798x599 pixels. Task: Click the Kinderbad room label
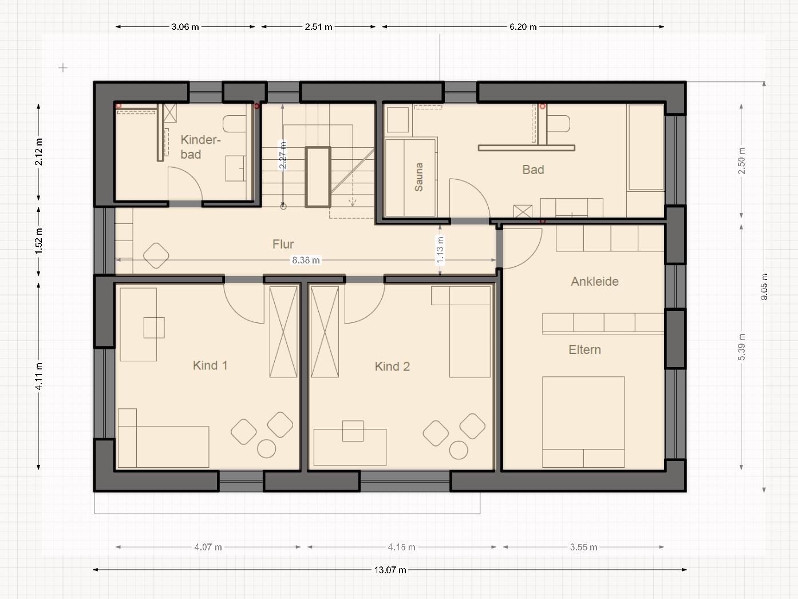tap(200, 147)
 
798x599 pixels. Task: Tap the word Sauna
tap(419, 177)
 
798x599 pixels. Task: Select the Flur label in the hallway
tap(283, 244)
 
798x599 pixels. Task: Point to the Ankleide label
tap(594, 281)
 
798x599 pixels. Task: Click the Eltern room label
tap(584, 349)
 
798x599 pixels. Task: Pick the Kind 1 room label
tap(210, 365)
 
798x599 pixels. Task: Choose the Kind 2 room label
tap(392, 367)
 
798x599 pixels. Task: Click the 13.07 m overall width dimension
tap(390, 570)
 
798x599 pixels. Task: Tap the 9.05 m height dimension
tap(764, 287)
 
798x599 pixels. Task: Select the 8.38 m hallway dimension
tap(306, 260)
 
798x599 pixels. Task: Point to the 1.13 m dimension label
tap(440, 250)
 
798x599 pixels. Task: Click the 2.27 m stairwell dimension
tap(282, 155)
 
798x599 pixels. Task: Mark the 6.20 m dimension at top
tap(523, 26)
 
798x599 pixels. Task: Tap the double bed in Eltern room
tap(583, 422)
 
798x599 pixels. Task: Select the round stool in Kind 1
tap(267, 448)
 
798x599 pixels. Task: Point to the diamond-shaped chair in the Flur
tap(156, 255)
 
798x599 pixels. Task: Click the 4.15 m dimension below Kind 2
tap(401, 547)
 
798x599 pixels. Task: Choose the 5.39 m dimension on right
tap(741, 347)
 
